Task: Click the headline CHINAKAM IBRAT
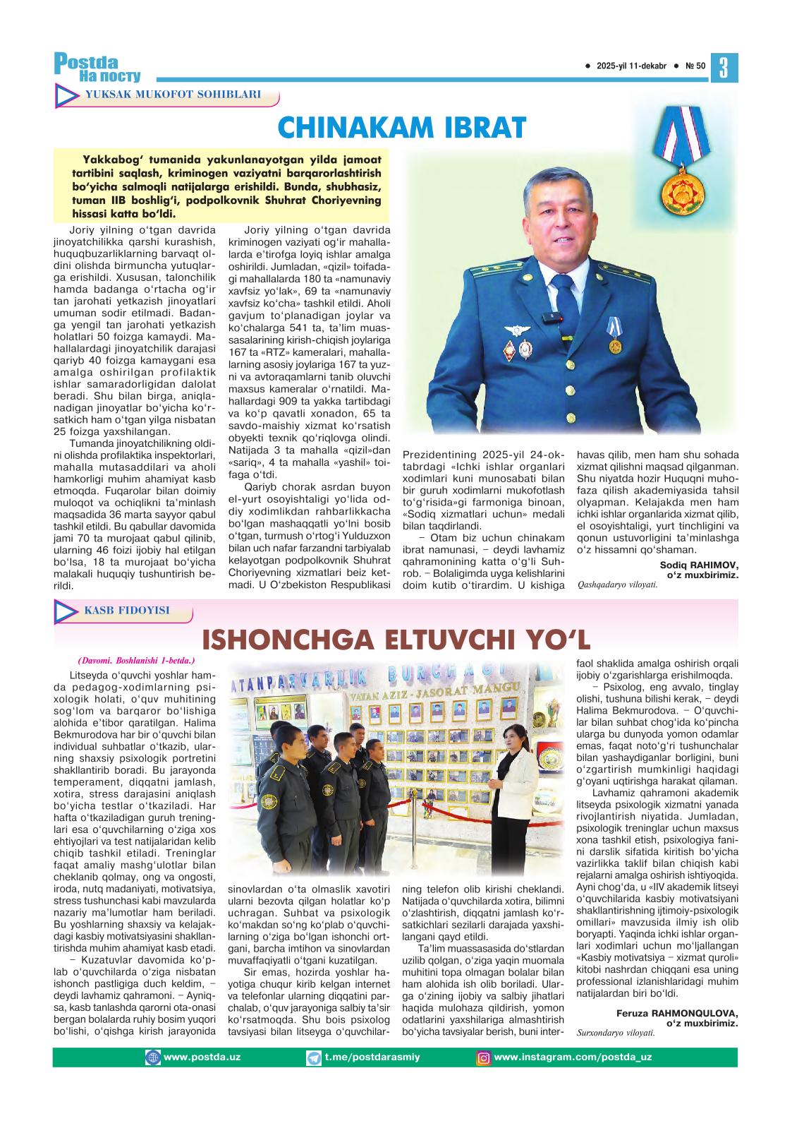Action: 401,128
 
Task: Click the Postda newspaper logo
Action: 97,67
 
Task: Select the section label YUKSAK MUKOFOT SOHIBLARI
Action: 172,95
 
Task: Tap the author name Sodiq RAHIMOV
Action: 698,565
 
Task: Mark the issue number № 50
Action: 695,66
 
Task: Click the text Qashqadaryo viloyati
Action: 612,585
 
